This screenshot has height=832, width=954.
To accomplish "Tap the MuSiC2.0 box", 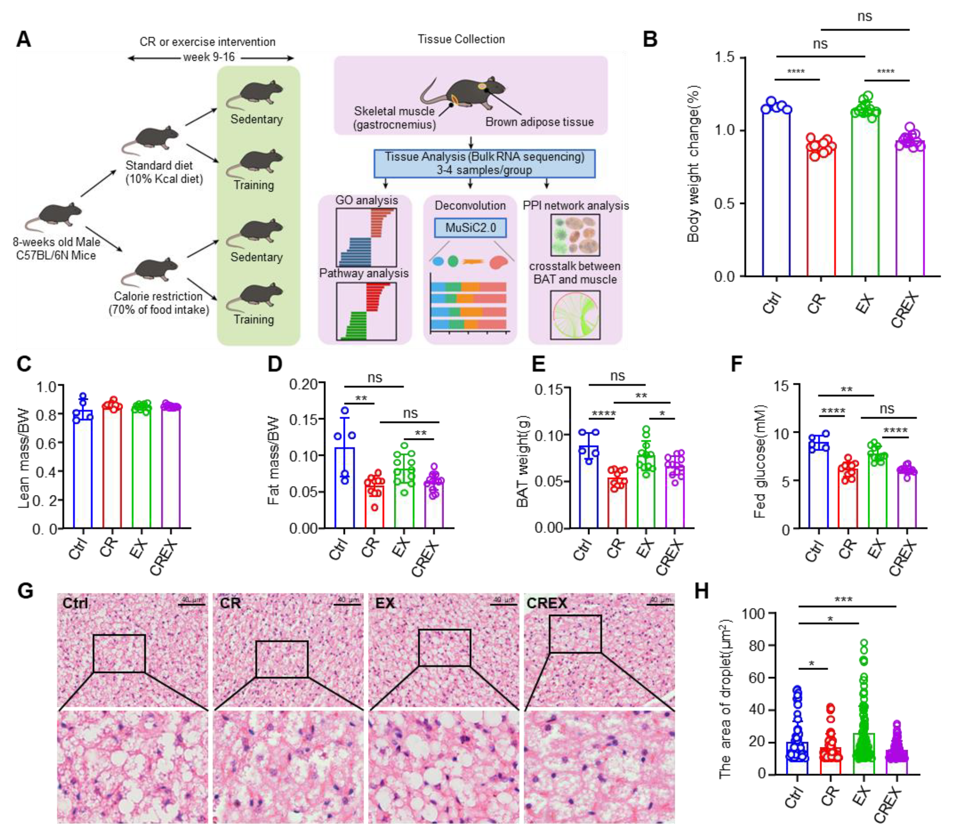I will click(470, 228).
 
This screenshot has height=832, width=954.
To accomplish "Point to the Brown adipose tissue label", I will click(539, 122).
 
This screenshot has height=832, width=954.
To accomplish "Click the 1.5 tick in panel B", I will click(724, 58).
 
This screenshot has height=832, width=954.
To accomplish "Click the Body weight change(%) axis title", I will click(693, 165).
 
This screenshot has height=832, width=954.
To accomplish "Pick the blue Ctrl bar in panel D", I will click(344, 488).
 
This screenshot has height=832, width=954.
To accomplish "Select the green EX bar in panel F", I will click(877, 492).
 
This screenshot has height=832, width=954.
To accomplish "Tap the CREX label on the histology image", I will click(547, 603).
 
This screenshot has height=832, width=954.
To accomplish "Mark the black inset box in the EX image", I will click(444, 648).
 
